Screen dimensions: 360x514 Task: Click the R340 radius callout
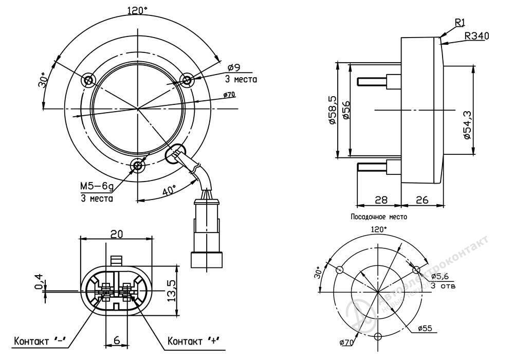pyautogui.click(x=476, y=36)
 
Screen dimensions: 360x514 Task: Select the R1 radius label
pyautogui.click(x=460, y=22)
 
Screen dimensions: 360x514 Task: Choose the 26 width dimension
pyautogui.click(x=421, y=200)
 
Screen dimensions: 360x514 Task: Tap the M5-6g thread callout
pyautogui.click(x=96, y=187)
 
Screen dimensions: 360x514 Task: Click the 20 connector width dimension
pyautogui.click(x=117, y=233)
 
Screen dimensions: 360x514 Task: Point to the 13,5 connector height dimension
pyautogui.click(x=172, y=290)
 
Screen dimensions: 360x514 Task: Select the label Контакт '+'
pyautogui.click(x=194, y=340)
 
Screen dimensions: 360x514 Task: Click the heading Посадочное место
pyautogui.click(x=379, y=217)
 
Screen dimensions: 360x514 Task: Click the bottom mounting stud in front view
pyautogui.click(x=137, y=165)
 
